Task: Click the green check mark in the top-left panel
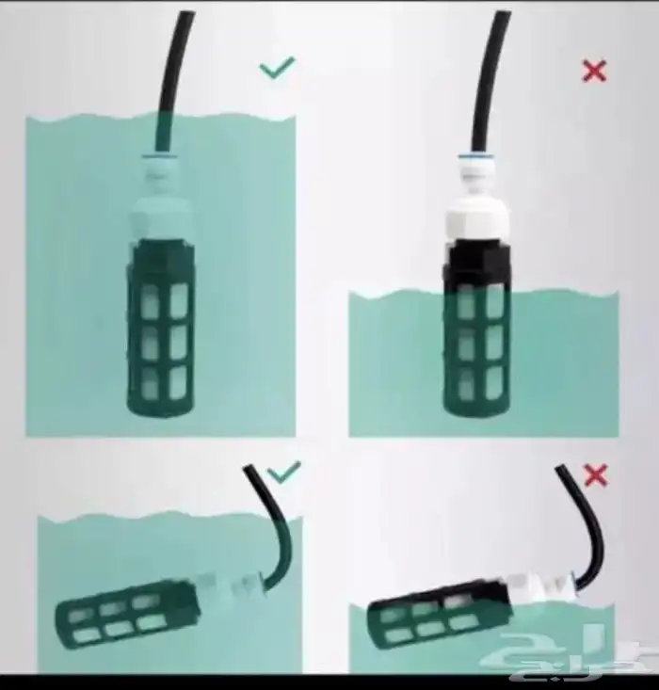pos(277,68)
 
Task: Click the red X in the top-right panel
pos(594,72)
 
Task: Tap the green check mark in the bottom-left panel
pos(284,472)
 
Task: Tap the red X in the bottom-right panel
pos(596,475)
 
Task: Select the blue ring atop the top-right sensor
pos(474,156)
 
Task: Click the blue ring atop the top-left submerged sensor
pos(160,155)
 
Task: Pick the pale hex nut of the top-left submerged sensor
pos(162,217)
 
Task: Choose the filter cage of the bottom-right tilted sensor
pos(438,615)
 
